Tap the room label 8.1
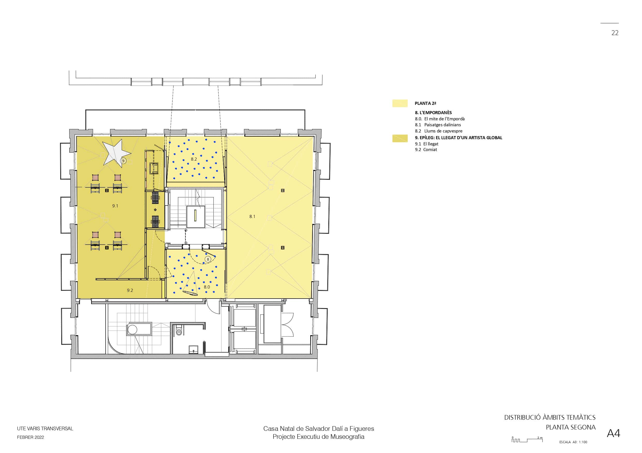[x=252, y=216]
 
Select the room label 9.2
[x=130, y=290]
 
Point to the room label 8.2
[x=194, y=159]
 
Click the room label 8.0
[x=207, y=287]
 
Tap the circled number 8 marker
[x=208, y=259]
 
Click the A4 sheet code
[x=614, y=433]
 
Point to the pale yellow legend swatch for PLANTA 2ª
[x=400, y=103]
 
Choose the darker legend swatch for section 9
[x=400, y=138]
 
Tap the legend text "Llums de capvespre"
[x=443, y=131]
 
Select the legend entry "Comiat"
[x=430, y=150]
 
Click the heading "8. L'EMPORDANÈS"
[x=433, y=113]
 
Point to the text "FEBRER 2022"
[x=31, y=437]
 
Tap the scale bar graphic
[x=527, y=440]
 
